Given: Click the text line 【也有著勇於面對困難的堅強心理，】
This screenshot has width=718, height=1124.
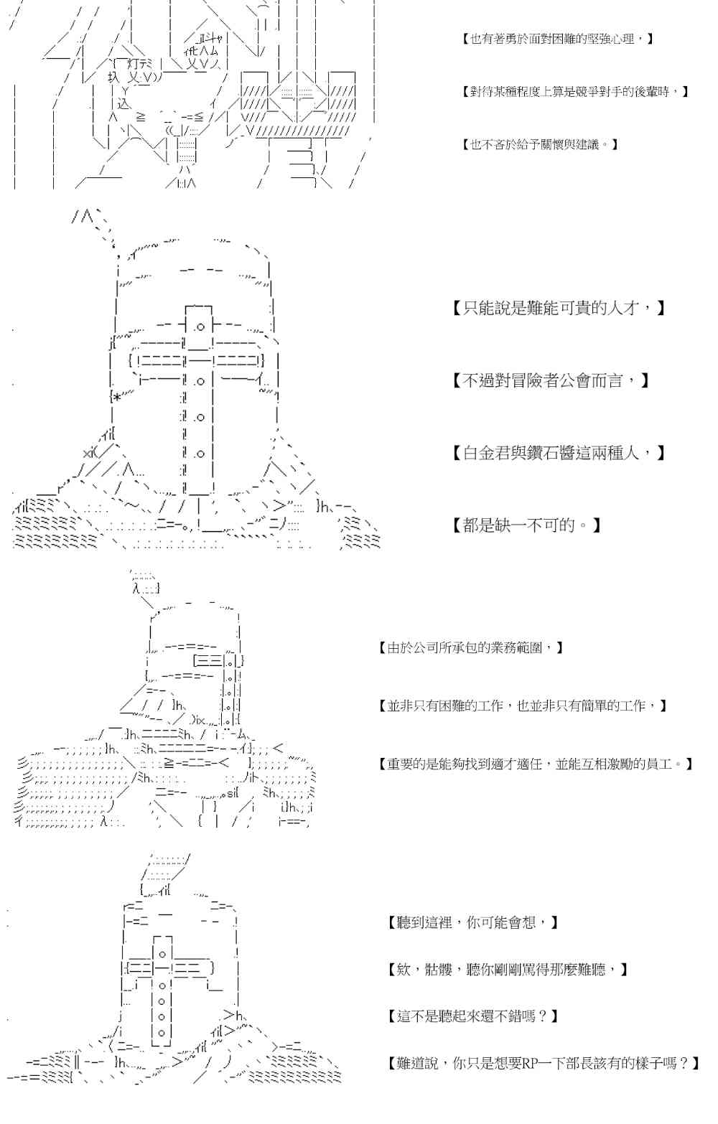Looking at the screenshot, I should (557, 39).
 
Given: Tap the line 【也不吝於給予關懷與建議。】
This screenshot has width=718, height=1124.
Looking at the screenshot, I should (540, 144).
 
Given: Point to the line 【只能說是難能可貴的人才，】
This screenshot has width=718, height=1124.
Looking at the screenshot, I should (559, 309).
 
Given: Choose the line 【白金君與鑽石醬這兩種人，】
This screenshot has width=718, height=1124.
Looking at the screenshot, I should (559, 453).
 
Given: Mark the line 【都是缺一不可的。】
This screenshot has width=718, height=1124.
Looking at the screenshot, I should (527, 525).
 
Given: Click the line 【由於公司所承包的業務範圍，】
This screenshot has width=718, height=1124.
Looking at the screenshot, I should (470, 648).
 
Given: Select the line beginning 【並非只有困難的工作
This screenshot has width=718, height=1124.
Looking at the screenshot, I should (523, 706).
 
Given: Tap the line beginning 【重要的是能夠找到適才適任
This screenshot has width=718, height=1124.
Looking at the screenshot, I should (536, 764).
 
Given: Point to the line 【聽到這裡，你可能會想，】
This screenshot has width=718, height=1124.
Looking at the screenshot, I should (472, 922).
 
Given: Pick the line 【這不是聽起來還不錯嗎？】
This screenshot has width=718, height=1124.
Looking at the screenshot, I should (472, 1016).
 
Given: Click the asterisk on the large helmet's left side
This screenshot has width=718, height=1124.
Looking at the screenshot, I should (117, 396).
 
